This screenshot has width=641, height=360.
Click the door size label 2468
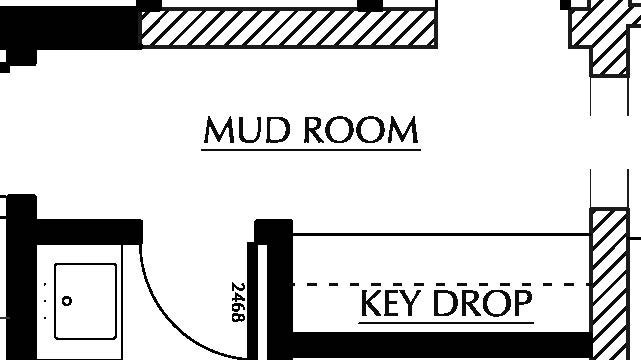coord(238,302)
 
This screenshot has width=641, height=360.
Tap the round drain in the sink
coord(68,300)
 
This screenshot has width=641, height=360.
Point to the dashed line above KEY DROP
coord(440,285)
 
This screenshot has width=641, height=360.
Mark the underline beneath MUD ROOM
coord(310,150)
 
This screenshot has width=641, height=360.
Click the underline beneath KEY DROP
coord(445,322)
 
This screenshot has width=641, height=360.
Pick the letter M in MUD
coord(218,130)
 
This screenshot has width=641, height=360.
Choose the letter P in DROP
coord(520,302)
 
